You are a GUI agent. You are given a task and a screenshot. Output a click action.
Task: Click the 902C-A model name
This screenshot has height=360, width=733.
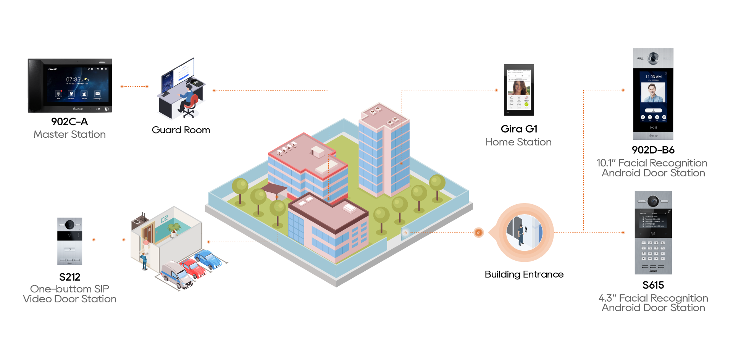(69, 122)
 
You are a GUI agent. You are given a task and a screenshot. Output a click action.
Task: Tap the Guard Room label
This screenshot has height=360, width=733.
(181, 130)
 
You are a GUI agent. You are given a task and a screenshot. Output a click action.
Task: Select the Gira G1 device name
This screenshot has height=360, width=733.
(519, 129)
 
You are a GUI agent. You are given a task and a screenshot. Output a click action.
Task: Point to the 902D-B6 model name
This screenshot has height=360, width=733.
(653, 150)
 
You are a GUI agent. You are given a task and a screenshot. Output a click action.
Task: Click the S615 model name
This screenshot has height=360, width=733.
(653, 285)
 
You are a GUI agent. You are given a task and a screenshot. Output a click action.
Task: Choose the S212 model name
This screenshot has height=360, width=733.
(69, 277)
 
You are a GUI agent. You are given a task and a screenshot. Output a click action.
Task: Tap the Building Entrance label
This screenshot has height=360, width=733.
(524, 274)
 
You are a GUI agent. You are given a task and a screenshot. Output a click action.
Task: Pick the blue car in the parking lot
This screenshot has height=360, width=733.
(208, 258)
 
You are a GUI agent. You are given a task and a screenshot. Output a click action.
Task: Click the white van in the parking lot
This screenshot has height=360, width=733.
(177, 275)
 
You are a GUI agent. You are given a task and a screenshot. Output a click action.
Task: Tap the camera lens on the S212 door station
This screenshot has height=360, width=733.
(69, 224)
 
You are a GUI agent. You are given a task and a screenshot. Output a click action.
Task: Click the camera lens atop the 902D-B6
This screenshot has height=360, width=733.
(653, 58)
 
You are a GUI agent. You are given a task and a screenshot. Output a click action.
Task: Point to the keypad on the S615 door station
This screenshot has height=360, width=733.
(653, 250)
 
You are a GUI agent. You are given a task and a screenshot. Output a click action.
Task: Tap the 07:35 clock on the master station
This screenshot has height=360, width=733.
(74, 80)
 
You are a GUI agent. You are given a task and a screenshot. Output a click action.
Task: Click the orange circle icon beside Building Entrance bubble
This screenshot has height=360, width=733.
(478, 232)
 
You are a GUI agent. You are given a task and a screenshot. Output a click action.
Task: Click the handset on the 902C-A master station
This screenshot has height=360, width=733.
(36, 86)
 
